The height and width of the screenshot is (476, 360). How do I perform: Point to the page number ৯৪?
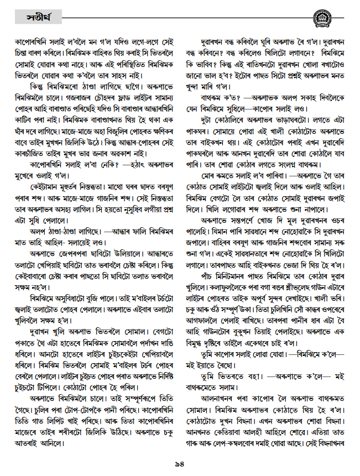point(180,463)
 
